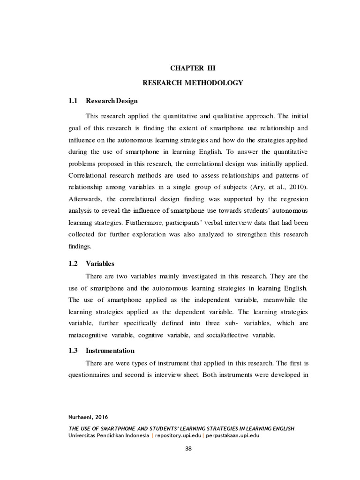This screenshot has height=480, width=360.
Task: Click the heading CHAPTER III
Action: point(193,68)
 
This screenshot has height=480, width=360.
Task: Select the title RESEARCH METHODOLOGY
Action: point(193,83)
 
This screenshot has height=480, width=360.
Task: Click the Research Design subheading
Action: point(112,101)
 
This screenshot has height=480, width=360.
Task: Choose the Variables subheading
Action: point(100,264)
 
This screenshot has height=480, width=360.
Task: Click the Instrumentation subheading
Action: point(110,351)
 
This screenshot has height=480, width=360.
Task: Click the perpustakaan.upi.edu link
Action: point(232,435)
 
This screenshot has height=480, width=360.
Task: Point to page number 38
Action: point(188,449)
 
